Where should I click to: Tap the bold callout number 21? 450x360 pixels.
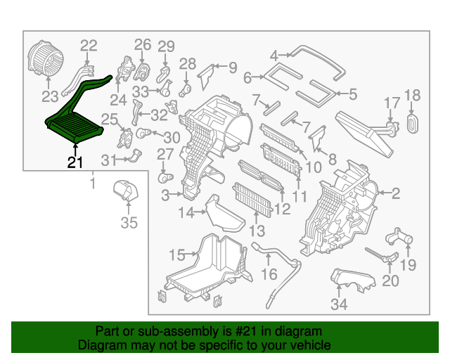[x=75, y=163]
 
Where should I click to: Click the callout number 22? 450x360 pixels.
[x=89, y=46]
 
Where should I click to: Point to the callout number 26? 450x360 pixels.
[x=143, y=45]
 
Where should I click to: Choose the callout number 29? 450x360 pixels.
[x=165, y=47]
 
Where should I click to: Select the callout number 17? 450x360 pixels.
[x=391, y=103]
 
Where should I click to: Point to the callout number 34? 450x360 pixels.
[x=340, y=304]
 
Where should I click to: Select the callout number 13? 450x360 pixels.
[x=257, y=230]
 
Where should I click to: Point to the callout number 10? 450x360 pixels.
[x=314, y=168]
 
